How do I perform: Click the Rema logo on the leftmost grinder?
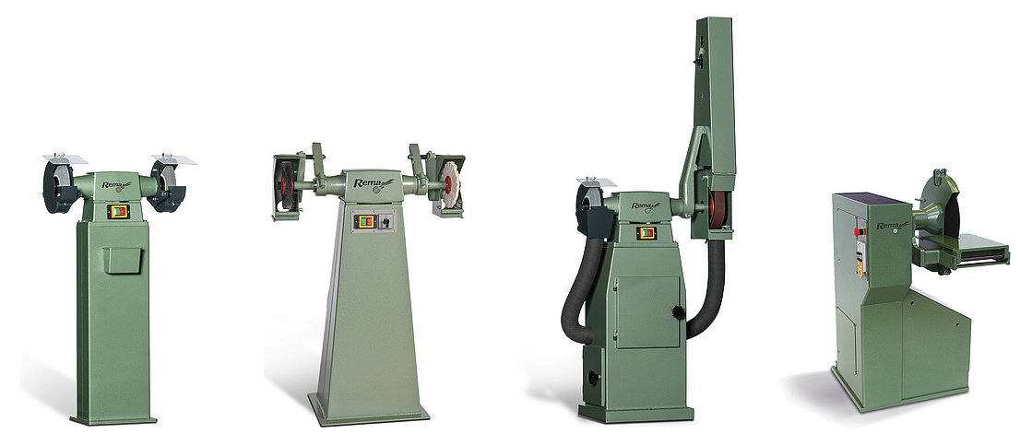(116, 185)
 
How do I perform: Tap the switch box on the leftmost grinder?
(118, 211)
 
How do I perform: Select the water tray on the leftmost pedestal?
(122, 260)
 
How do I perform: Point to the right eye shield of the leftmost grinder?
(173, 159)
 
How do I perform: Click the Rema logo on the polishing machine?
(373, 183)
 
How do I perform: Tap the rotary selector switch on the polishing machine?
(385, 221)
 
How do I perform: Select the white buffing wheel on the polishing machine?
(449, 183)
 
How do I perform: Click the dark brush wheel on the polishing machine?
(285, 186)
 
